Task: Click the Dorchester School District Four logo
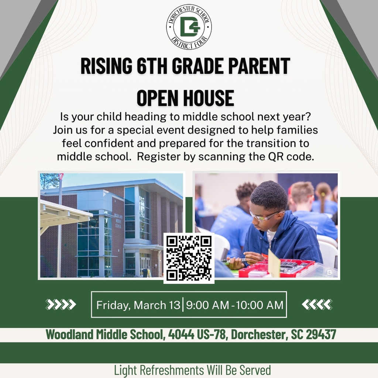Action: click(189, 27)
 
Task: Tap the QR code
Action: click(189, 258)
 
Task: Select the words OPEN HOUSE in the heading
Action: click(185, 98)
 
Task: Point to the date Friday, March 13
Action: click(138, 305)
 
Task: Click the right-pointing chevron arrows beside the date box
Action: click(61, 305)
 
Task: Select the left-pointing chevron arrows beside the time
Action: click(317, 305)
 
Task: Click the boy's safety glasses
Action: click(264, 216)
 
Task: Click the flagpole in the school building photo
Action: click(59, 229)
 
